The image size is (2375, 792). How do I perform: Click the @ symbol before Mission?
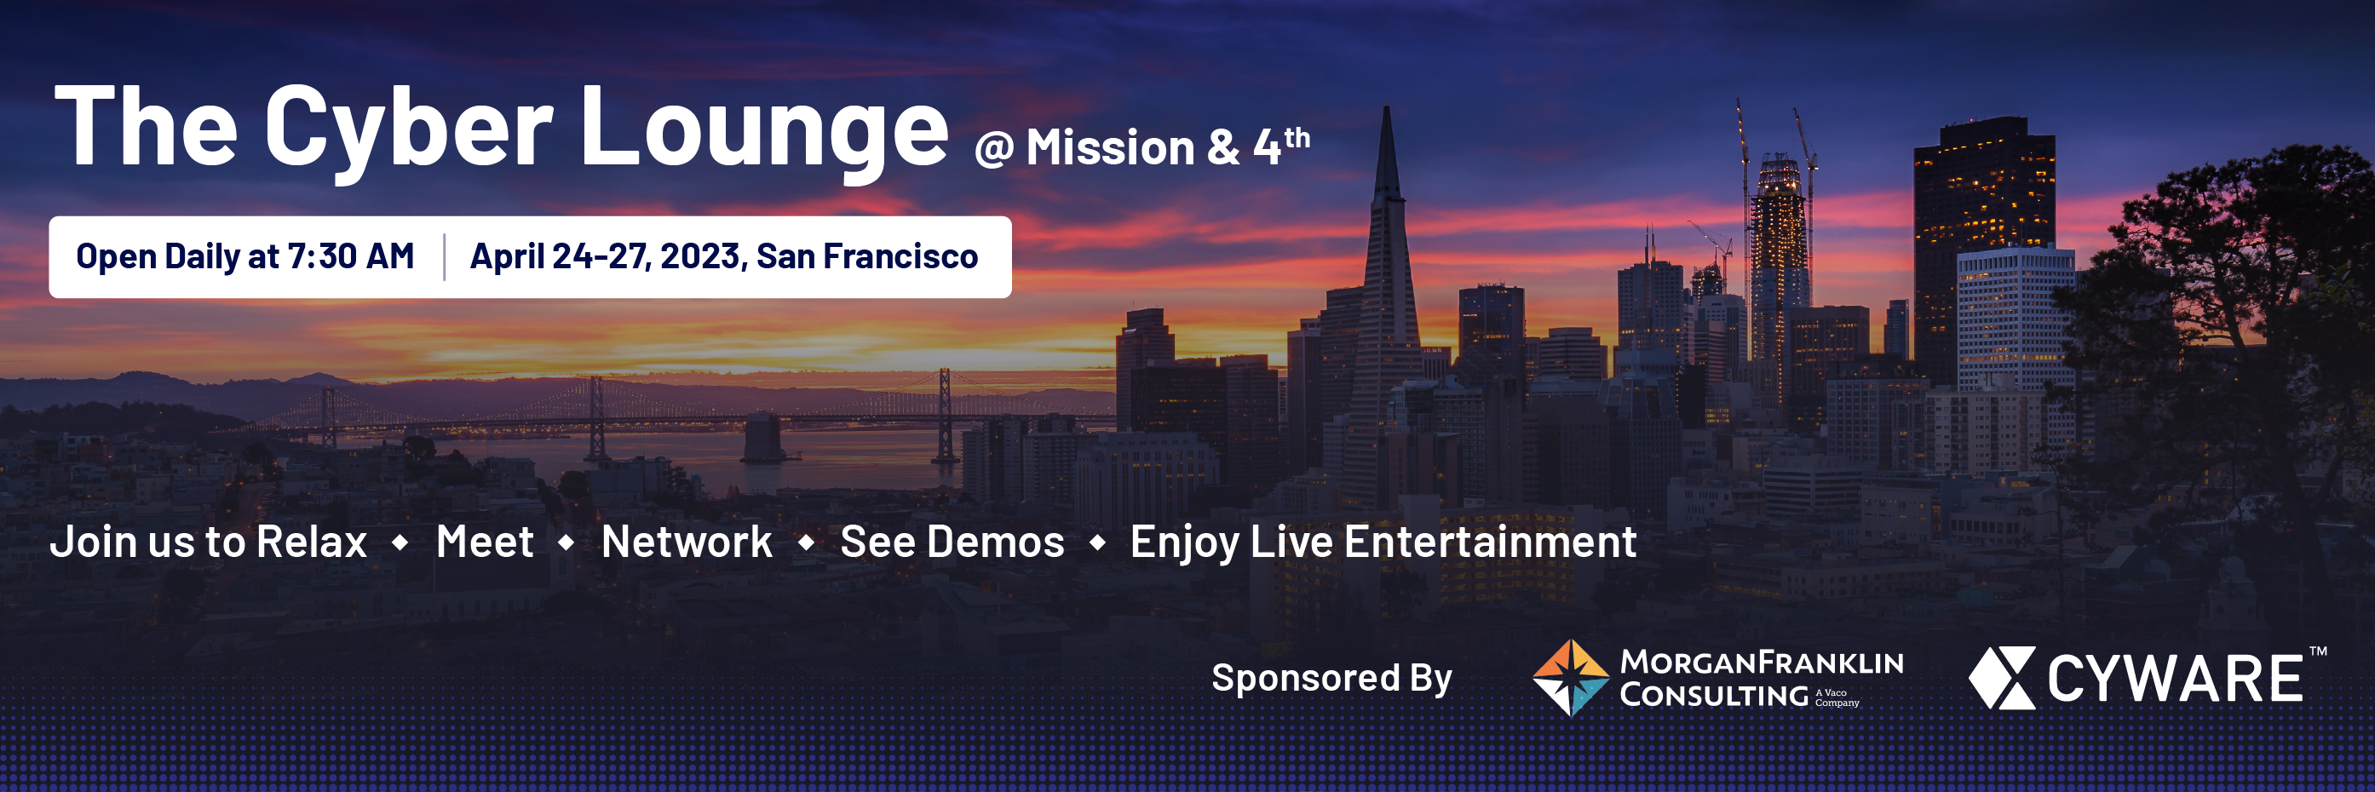pos(994,148)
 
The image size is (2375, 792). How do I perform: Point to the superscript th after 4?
pos(1297,137)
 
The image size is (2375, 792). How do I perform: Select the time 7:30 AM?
pos(351,256)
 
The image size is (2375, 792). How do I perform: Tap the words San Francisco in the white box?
pos(867,256)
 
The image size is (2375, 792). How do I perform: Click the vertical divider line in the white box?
pos(445,256)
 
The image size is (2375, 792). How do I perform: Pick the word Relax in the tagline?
pos(312,542)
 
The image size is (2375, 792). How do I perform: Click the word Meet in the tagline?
pos(485,542)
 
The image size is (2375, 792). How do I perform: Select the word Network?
pos(687,542)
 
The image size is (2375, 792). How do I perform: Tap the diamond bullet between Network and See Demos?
pos(807,543)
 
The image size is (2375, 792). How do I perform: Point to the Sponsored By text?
pos(1331,679)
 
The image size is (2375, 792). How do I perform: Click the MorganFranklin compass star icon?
pos(1571,678)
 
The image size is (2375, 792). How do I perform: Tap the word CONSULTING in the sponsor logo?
pos(1714,695)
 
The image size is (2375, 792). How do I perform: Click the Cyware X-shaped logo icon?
pos(2002,678)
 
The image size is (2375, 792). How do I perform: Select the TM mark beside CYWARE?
pos(2318,651)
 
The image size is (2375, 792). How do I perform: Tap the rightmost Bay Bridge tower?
pos(945,415)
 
